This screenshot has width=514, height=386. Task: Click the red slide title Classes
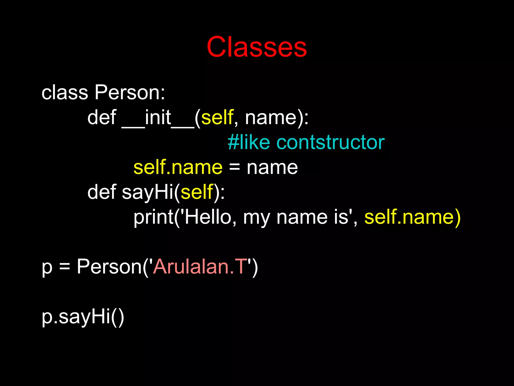pos(256,47)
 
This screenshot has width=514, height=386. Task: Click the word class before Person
pos(65,92)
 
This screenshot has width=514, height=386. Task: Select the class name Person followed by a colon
pos(130,92)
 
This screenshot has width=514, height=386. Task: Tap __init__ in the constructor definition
pos(158,118)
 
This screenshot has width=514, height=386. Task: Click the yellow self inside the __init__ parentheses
pos(217,118)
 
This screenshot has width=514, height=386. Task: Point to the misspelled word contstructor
pos(330,142)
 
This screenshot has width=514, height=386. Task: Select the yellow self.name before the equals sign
pos(178,167)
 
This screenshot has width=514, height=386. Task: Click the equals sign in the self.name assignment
pos(234,167)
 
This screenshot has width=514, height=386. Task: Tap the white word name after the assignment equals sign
pos(272,167)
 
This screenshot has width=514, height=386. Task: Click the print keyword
pos(153,217)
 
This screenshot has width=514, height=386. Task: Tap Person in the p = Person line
pos(109,266)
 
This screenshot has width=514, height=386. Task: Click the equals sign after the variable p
pos(65,266)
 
